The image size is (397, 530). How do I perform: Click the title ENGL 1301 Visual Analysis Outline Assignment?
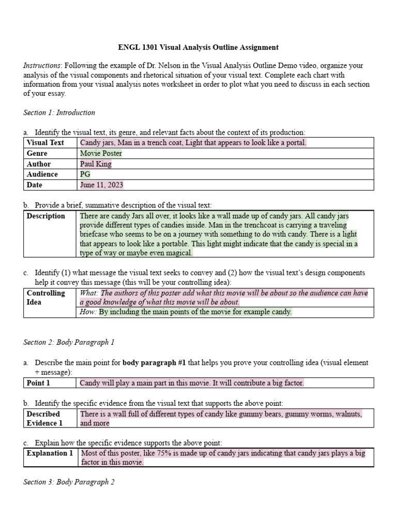[x=198, y=47]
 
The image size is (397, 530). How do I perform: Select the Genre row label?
[x=37, y=153]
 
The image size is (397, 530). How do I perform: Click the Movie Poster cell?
[x=101, y=153]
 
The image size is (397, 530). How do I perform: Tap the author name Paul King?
[x=96, y=164]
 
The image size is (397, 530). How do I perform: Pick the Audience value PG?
[x=85, y=174]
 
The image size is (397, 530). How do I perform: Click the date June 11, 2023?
[x=102, y=185]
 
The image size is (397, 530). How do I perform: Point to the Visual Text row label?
[x=45, y=143]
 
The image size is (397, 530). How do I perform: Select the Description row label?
[x=46, y=216]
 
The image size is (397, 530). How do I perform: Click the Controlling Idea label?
[x=45, y=297]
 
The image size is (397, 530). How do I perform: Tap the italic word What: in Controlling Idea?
[x=89, y=293]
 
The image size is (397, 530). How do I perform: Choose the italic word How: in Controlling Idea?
[x=88, y=312]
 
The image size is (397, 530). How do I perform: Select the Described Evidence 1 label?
[x=43, y=418]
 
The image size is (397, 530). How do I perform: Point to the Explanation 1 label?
[x=50, y=453]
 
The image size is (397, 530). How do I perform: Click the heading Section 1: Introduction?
[x=59, y=112]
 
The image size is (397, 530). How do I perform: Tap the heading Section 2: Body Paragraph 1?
[x=69, y=342]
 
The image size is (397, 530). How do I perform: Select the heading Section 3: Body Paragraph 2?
[x=69, y=482]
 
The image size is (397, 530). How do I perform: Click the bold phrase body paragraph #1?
[x=154, y=363]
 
